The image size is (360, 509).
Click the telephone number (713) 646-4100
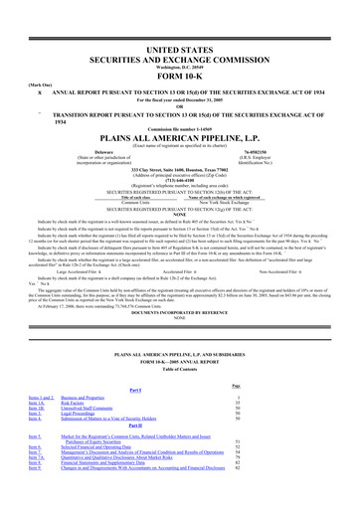click(179, 181)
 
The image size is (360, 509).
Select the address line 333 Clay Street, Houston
click(179, 169)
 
